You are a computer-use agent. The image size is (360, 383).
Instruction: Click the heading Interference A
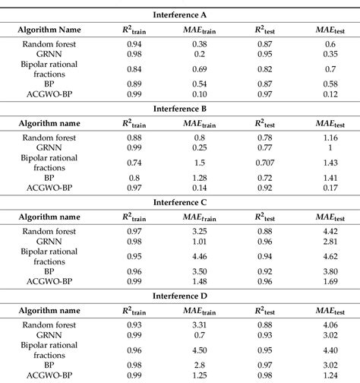180,14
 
